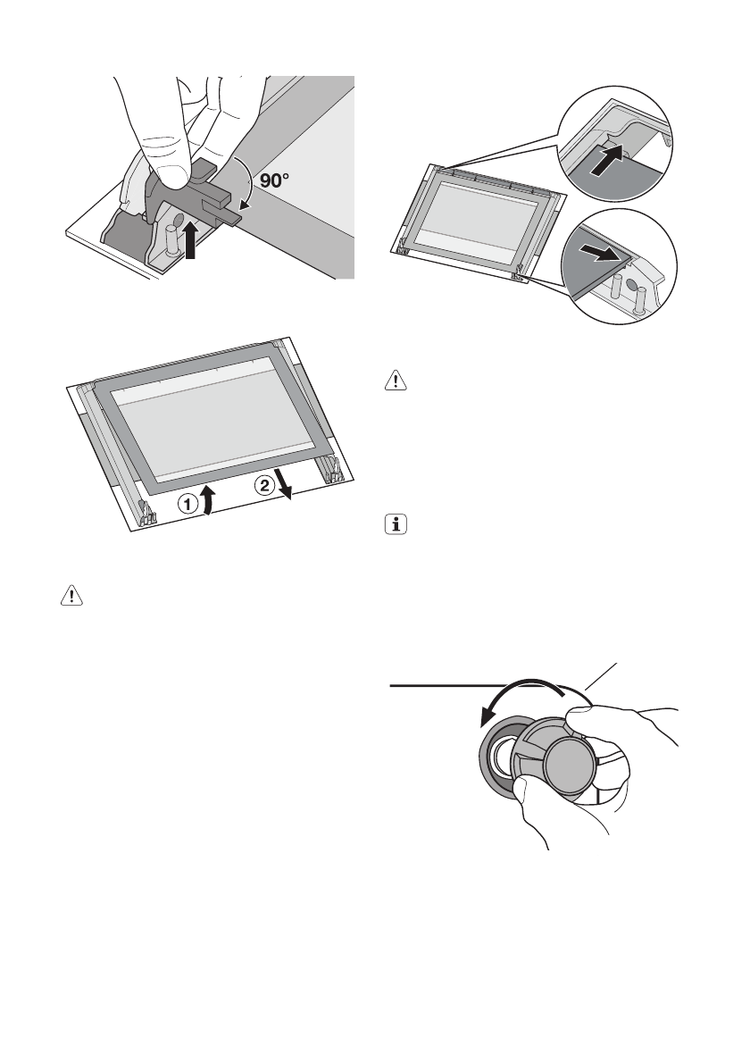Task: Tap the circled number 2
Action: tap(263, 486)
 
